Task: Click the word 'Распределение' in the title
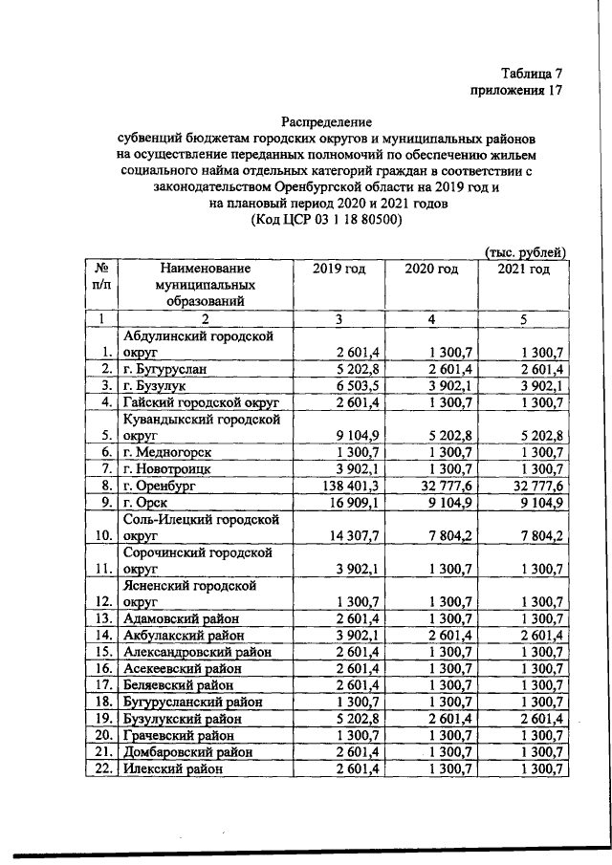click(x=326, y=121)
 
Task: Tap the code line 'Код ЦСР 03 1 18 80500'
click(x=326, y=219)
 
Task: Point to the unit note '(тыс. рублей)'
click(x=525, y=251)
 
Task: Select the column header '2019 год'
click(x=339, y=270)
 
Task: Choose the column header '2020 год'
click(x=430, y=270)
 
